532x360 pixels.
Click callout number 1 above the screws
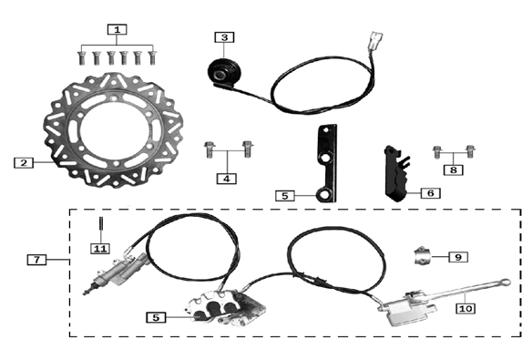coord(117,29)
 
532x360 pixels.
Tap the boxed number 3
coord(224,37)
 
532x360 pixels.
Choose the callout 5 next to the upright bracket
coord(285,195)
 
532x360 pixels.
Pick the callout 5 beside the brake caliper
coord(158,317)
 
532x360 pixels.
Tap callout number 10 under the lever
coord(465,308)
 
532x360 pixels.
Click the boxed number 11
coord(99,248)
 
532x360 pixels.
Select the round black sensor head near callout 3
coord(220,70)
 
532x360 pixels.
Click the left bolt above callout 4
coord(209,144)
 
